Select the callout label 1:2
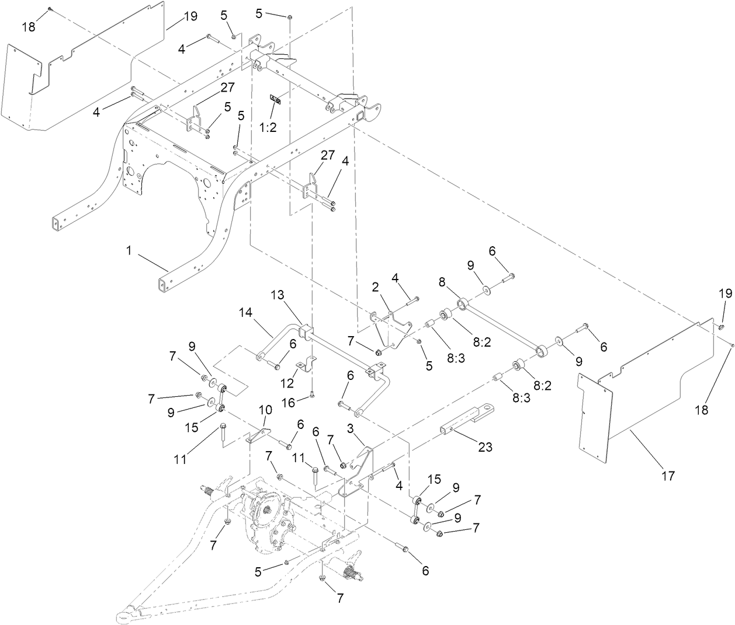click(268, 127)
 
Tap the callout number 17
click(668, 476)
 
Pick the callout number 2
click(375, 287)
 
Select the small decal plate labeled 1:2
click(275, 100)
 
